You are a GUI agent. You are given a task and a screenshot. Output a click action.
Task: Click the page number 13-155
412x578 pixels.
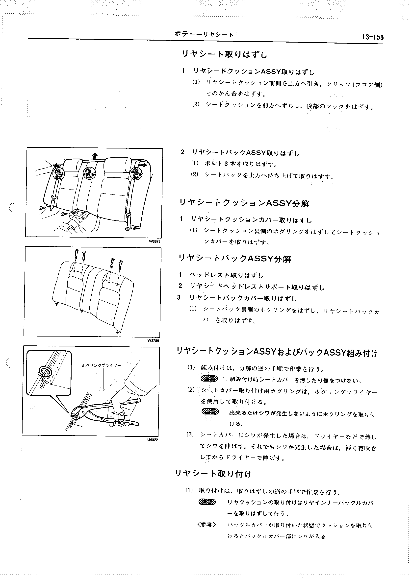click(x=373, y=37)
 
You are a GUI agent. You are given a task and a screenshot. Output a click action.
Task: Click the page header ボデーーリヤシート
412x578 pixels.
click(x=204, y=34)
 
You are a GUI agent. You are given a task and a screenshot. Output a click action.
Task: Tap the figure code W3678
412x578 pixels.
click(x=154, y=241)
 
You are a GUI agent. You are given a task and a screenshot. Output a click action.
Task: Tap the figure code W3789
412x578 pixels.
click(x=153, y=341)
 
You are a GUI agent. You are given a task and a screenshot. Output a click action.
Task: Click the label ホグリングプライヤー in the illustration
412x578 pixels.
click(x=102, y=365)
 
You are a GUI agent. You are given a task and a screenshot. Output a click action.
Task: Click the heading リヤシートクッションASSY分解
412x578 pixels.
click(x=244, y=203)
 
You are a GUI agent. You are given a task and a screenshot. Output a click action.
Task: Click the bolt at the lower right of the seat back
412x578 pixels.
click(x=128, y=229)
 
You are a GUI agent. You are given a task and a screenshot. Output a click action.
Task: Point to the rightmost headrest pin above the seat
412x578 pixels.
click(x=121, y=264)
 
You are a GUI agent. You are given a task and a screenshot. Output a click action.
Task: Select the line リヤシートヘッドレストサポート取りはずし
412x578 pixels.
click(x=257, y=287)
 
